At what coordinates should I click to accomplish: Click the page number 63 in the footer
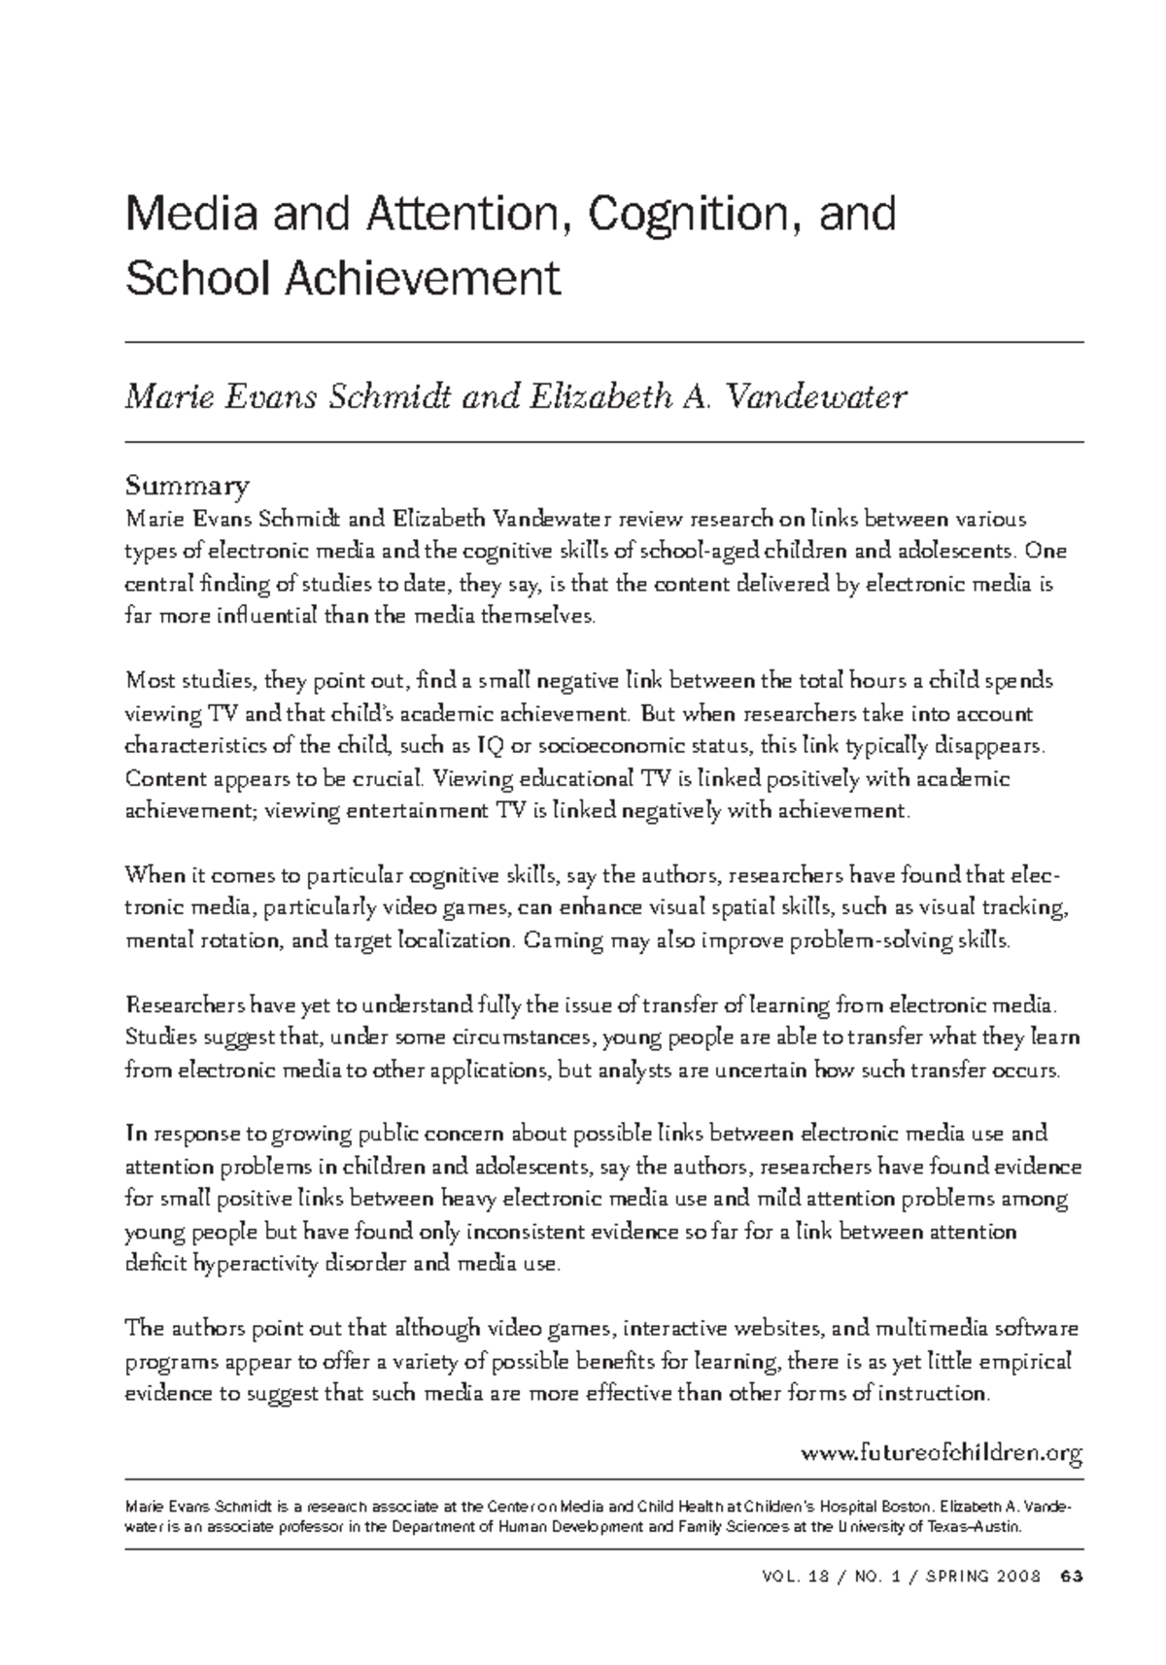tap(1072, 1575)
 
